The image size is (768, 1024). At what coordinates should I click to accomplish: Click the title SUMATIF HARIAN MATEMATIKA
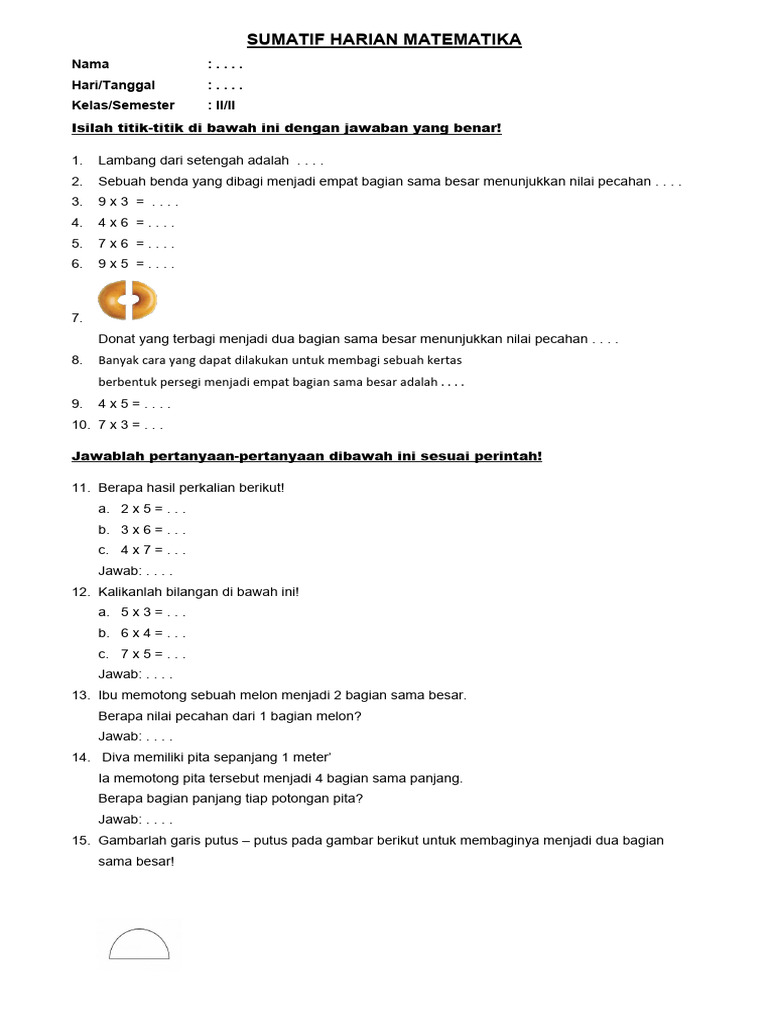pos(384,40)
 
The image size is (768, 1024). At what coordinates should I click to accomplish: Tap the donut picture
pos(127,299)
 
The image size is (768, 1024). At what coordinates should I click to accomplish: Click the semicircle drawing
pos(139,944)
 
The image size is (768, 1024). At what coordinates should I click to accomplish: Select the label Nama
pos(90,64)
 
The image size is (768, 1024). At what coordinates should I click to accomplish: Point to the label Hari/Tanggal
pos(113,85)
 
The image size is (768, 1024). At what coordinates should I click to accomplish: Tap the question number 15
pos(81,841)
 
